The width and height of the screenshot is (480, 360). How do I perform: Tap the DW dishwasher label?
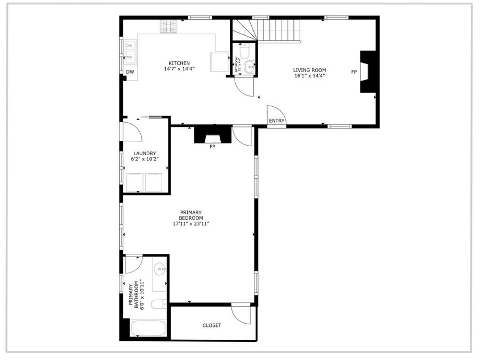tap(130, 72)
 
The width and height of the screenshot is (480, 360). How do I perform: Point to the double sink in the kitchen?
tap(130, 52)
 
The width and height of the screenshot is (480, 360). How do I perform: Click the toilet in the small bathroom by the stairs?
tap(245, 51)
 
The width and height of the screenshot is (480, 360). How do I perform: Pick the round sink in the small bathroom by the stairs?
tap(249, 67)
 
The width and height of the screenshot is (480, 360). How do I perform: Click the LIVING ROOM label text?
tap(309, 70)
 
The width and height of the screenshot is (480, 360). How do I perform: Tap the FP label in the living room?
tap(353, 72)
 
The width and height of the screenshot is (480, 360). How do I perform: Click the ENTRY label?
tap(276, 121)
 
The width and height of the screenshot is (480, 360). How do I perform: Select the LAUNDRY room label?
tap(144, 154)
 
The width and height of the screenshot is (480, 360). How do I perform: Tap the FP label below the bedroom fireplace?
tap(212, 147)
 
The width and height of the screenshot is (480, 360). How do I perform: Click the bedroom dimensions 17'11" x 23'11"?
tap(190, 224)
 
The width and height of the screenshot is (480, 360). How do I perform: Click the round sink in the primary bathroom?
tap(159, 270)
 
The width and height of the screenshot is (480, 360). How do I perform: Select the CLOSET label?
tap(211, 325)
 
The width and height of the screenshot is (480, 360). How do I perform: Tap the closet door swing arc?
tap(241, 315)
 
